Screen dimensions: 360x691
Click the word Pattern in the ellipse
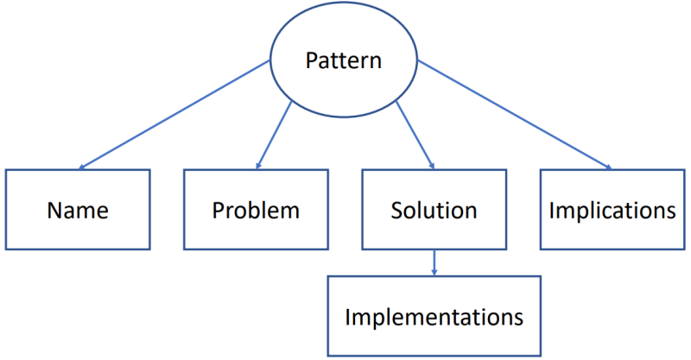(x=344, y=61)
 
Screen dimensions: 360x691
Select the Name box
(x=78, y=210)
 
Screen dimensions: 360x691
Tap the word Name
(x=78, y=211)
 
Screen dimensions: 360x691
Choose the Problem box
(x=256, y=210)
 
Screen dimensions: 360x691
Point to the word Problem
(x=256, y=211)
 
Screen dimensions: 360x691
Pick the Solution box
(x=434, y=210)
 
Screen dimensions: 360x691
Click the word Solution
(x=434, y=211)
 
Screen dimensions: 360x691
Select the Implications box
(x=612, y=210)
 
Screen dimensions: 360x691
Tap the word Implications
(x=612, y=211)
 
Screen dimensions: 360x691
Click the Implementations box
(x=434, y=316)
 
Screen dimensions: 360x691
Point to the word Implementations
(x=434, y=317)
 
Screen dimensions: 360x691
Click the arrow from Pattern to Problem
(x=275, y=133)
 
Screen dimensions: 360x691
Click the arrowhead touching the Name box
(x=84, y=167)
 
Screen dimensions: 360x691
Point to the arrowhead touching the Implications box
(x=606, y=167)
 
